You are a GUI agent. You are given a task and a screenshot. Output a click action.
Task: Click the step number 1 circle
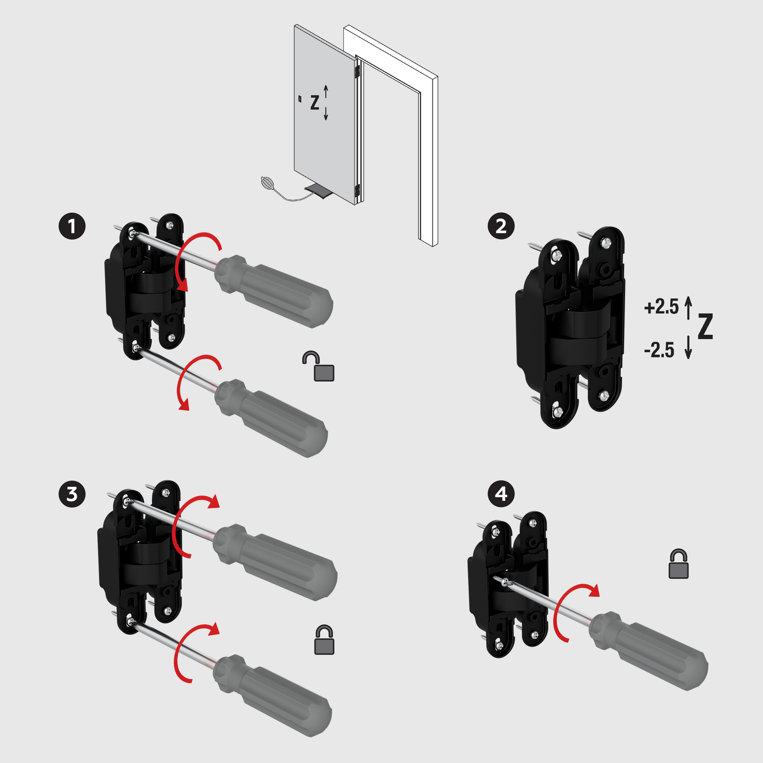pyautogui.click(x=72, y=226)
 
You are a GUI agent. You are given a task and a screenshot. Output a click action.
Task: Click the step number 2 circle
pyautogui.click(x=501, y=226)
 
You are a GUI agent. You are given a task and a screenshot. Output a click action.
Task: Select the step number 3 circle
pyautogui.click(x=72, y=494)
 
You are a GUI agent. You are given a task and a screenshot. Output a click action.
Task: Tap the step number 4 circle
pyautogui.click(x=501, y=494)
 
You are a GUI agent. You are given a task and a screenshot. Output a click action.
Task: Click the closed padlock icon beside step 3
pyautogui.click(x=324, y=640)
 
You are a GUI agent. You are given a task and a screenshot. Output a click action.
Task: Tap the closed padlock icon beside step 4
pyautogui.click(x=679, y=564)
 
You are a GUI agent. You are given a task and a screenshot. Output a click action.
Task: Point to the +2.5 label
pyautogui.click(x=661, y=307)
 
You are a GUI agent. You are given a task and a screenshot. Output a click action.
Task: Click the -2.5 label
pyautogui.click(x=659, y=350)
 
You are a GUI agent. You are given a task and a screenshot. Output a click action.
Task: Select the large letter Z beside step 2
pyautogui.click(x=705, y=326)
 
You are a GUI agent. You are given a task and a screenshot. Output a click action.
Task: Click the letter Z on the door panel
pyautogui.click(x=315, y=103)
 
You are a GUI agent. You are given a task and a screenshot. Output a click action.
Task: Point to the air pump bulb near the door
pyautogui.click(x=268, y=183)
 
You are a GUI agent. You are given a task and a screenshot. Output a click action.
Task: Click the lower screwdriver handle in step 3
pyautogui.click(x=272, y=695)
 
